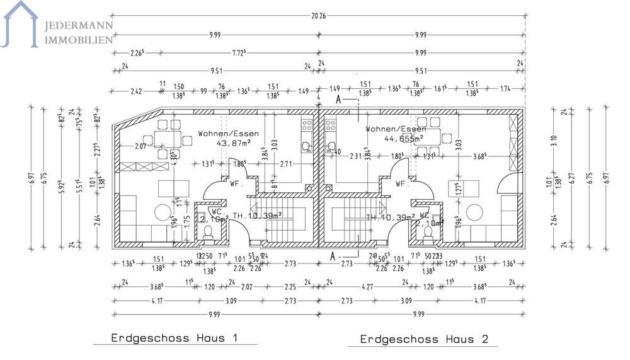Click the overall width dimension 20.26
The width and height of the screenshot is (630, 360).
tap(318, 16)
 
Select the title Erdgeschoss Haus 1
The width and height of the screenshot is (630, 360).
tap(175, 338)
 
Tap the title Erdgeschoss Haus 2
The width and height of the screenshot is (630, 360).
tap(424, 339)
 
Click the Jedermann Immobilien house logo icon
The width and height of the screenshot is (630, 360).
tap(20, 23)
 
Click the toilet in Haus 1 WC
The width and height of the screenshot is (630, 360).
tap(208, 233)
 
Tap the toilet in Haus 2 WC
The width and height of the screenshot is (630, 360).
tap(428, 233)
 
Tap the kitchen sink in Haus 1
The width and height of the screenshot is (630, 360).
tap(307, 147)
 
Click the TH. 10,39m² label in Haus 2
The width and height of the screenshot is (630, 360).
tap(390, 218)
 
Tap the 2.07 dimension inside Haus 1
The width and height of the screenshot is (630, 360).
tap(140, 146)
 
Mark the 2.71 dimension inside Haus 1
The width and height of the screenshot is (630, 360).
tap(285, 164)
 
